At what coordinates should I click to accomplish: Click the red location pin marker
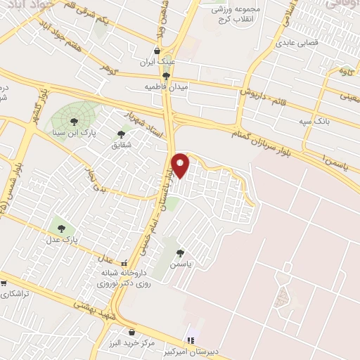click(181, 165)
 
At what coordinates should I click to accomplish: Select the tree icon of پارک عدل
click(61, 229)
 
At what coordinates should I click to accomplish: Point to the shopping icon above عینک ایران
click(156, 51)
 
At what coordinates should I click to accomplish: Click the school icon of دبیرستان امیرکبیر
click(191, 340)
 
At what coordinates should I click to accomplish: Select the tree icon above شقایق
click(121, 133)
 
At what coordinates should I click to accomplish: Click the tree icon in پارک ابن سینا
click(74, 121)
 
